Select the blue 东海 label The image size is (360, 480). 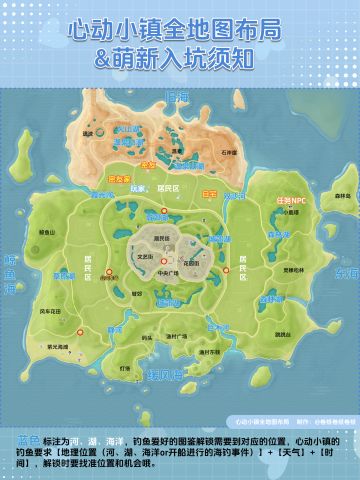[344, 273]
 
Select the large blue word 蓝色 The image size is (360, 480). [28, 440]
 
